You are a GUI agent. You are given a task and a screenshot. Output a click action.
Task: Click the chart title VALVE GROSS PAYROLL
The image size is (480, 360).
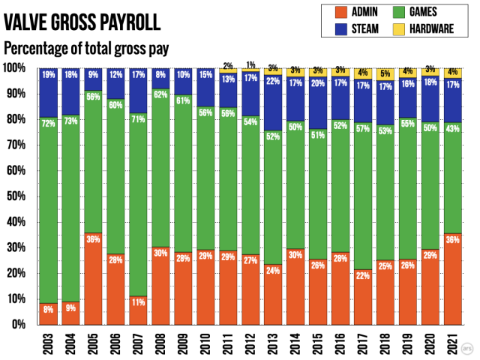click(x=82, y=22)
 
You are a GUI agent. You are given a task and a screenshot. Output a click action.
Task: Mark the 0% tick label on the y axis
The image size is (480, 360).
click(x=20, y=325)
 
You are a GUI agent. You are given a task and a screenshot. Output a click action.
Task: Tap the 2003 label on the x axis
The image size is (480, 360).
click(x=48, y=344)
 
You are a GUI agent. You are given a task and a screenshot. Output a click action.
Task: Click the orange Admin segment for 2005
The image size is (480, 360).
click(x=94, y=285)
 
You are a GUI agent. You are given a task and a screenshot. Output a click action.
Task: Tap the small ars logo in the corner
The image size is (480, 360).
click(x=468, y=348)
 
